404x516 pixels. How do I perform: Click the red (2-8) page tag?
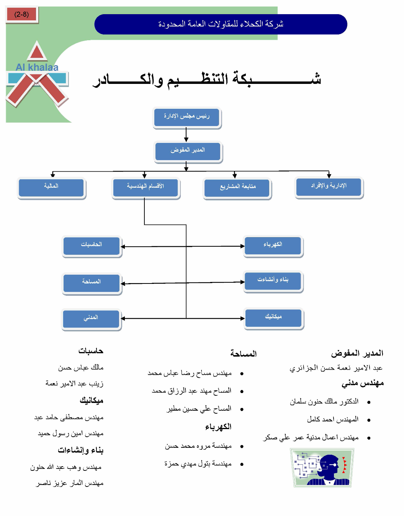[x=22, y=15]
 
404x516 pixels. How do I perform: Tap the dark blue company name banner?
[x=221, y=24]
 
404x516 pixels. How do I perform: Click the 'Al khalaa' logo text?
[x=37, y=67]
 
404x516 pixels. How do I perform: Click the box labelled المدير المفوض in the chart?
[x=188, y=151]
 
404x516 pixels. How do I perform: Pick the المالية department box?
[x=51, y=187]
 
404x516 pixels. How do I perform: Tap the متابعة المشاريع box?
[x=237, y=188]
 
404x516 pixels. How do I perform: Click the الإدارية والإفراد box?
[x=329, y=187]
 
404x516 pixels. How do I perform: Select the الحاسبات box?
[x=92, y=246]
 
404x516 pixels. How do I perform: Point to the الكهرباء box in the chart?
[x=273, y=246]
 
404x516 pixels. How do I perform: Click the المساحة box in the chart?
[x=92, y=283]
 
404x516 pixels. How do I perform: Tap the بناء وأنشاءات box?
[x=273, y=281]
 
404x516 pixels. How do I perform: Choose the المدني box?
[x=91, y=318]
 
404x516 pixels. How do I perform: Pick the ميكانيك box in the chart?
[x=273, y=318]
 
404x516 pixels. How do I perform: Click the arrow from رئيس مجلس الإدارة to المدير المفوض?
[x=186, y=135]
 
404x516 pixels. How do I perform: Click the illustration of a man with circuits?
[x=322, y=468]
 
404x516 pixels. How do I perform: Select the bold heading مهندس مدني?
[x=362, y=383]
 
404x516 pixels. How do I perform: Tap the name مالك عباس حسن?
[x=81, y=368]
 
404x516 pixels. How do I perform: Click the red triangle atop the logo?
[x=37, y=52]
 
